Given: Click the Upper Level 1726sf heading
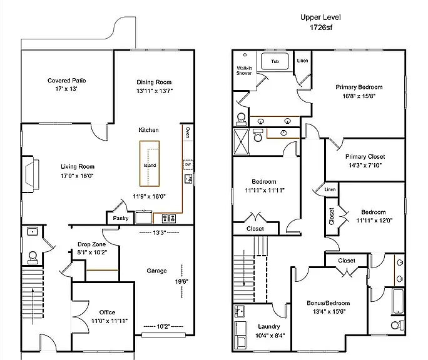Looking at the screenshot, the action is [321, 22].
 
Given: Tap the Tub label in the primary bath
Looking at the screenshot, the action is [275, 61].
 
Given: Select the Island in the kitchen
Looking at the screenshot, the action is [150, 164].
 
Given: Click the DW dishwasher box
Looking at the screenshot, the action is [188, 164].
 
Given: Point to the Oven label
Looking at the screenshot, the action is [188, 132].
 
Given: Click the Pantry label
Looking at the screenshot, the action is [121, 218].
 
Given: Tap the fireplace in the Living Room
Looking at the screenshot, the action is [30, 174].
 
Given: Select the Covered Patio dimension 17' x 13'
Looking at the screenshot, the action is [66, 89].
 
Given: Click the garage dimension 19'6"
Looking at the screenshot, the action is [181, 281].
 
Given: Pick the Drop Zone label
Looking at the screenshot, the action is [92, 244].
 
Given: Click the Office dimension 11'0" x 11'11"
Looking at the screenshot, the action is [110, 321].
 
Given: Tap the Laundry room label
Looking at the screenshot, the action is [269, 326].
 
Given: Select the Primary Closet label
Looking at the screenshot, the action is [365, 156].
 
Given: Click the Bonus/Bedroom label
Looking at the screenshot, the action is [328, 303].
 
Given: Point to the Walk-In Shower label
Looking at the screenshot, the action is [244, 71].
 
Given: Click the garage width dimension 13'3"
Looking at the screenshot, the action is [160, 232].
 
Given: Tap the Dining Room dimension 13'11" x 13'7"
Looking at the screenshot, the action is [155, 91].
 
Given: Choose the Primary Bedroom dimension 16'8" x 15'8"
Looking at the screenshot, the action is [359, 96].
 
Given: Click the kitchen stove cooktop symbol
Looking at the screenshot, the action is [169, 219].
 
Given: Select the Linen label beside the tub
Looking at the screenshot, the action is [302, 61].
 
